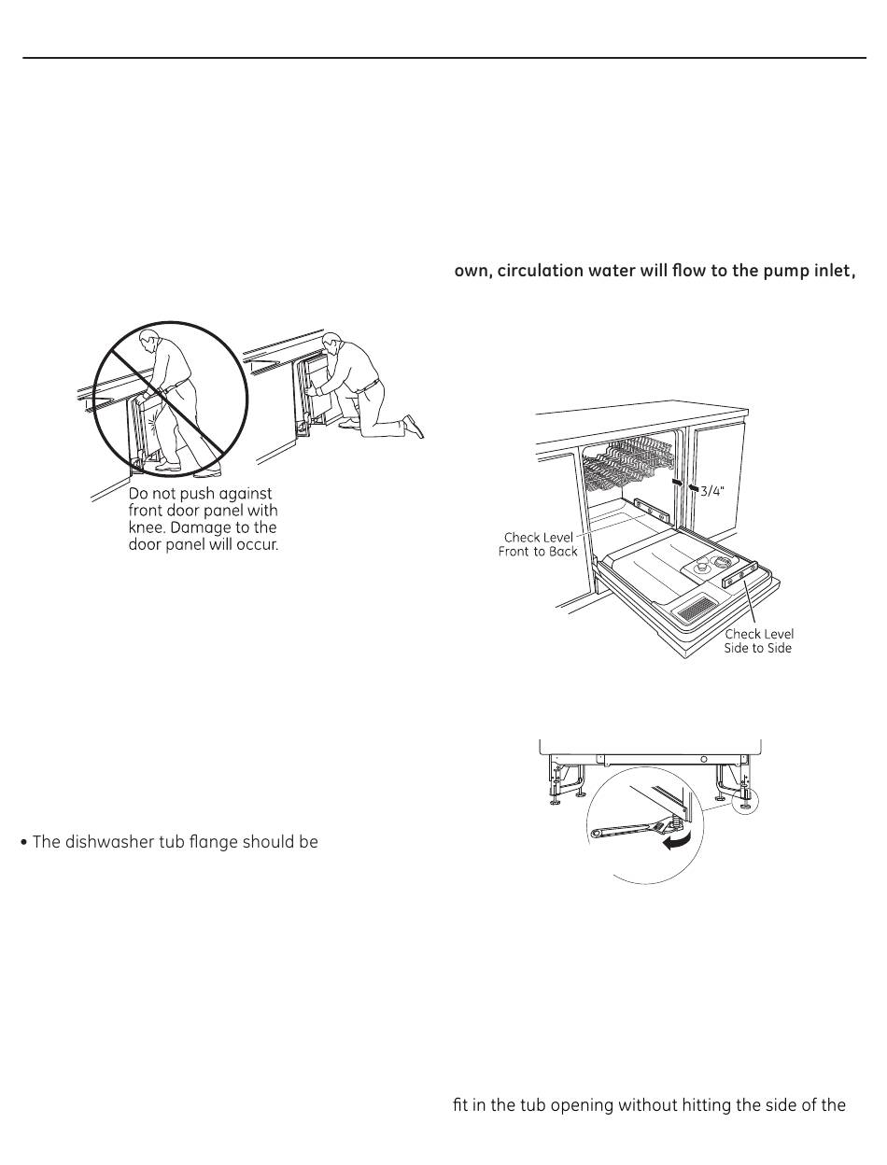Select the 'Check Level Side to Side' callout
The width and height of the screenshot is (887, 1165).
[758, 641]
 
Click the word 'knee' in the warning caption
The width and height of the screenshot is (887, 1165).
[147, 527]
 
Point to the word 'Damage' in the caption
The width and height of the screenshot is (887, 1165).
[201, 527]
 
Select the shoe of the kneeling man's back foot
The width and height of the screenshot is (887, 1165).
[414, 427]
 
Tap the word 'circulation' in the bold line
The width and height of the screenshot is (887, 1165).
[543, 273]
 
